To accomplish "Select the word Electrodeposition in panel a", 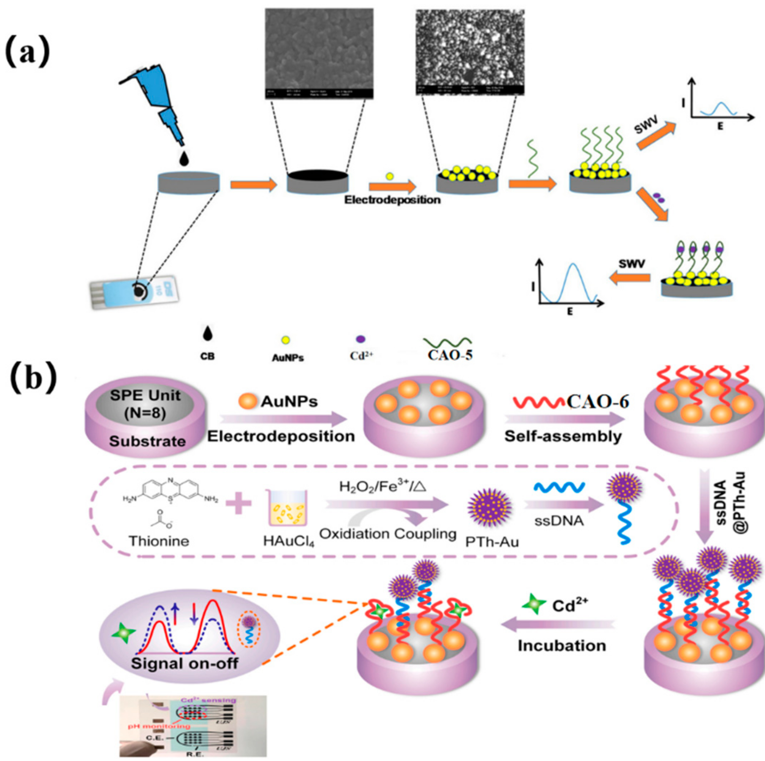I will click(392, 200).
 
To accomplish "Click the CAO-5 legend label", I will click(450, 355).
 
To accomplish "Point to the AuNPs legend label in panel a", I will click(288, 358).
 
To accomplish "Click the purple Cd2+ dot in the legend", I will click(361, 339).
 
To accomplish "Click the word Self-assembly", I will click(563, 436).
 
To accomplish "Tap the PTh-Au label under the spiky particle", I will click(492, 542).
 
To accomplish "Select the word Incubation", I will click(562, 646).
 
